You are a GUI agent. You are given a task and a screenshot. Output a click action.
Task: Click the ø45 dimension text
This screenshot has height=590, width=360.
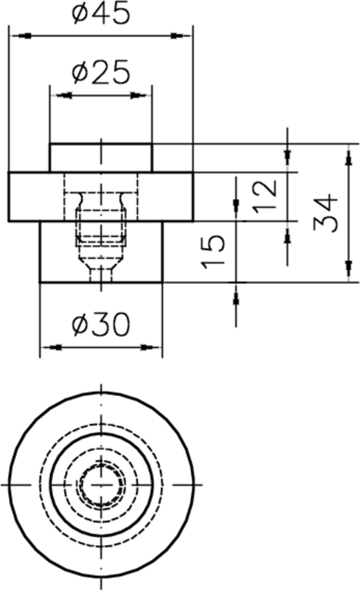[x=100, y=14]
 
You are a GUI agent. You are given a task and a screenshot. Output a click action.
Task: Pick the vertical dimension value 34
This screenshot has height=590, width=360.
[x=325, y=213]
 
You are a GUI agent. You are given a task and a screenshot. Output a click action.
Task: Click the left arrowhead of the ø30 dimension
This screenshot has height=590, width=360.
[x=49, y=347]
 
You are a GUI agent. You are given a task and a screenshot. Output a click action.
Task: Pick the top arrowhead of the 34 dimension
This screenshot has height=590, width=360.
[x=347, y=153]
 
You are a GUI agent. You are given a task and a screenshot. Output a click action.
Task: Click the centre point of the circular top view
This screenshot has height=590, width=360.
[x=100, y=485]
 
